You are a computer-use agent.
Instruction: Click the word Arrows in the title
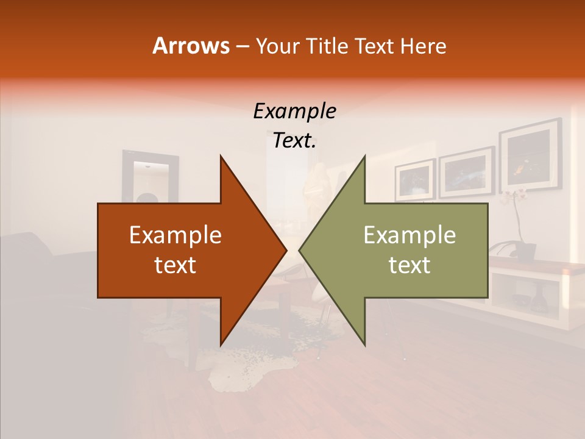point(191,46)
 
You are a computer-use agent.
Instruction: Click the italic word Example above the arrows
point(294,111)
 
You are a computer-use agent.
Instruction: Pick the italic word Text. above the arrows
point(294,140)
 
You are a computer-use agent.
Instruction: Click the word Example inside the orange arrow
point(175,235)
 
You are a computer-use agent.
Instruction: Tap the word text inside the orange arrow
point(175,265)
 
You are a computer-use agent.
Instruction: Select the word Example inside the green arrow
point(409,235)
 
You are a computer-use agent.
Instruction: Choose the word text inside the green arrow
point(409,265)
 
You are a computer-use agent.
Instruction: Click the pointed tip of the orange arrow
point(286,251)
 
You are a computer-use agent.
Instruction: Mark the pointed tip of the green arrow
point(300,251)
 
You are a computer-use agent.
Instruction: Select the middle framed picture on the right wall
point(466,171)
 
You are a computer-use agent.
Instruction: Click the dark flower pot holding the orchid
point(525,250)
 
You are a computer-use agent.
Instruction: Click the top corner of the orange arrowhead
point(221,156)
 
